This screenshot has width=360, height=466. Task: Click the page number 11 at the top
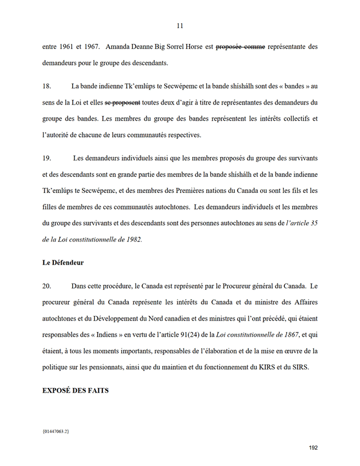click(180, 25)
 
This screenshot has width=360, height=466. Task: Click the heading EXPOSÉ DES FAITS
click(75, 390)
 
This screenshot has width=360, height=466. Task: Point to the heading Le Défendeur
click(63, 263)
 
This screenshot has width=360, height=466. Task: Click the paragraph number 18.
click(47, 86)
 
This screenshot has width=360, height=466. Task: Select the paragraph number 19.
click(47, 158)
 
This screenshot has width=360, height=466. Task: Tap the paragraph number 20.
click(47, 286)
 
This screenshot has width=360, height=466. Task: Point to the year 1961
click(68, 46)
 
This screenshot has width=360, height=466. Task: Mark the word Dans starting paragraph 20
click(80, 286)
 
